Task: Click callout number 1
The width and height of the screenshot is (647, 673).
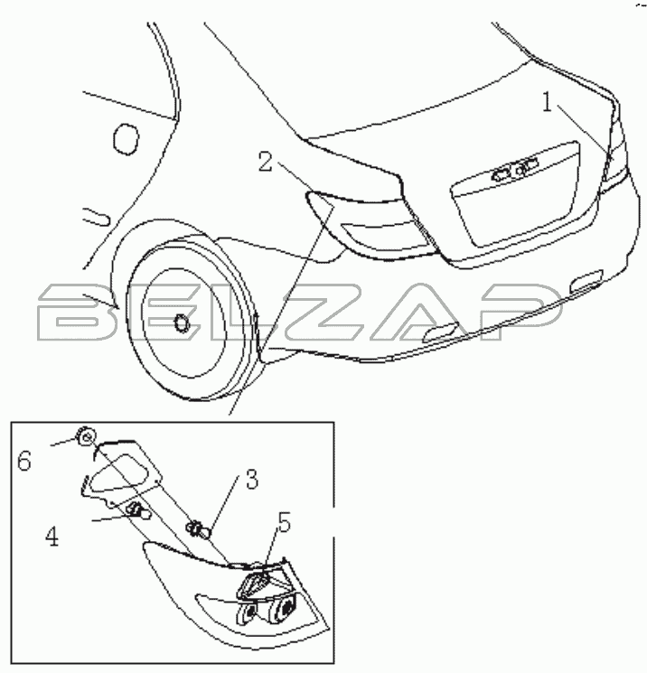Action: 547,103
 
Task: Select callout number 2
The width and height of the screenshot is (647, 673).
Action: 266,163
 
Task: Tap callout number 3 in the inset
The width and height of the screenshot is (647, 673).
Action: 252,479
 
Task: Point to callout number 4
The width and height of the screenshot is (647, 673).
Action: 52,537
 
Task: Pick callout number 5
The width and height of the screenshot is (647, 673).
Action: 285,523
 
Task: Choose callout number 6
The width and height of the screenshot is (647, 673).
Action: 24,462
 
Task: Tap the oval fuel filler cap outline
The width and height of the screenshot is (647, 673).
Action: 127,138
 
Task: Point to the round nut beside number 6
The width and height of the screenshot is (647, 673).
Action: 86,437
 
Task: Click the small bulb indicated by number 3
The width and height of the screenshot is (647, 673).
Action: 199,529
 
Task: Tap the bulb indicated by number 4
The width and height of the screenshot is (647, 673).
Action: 139,510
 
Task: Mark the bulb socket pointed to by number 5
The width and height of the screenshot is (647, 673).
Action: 255,585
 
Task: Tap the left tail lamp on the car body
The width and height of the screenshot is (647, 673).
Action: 370,227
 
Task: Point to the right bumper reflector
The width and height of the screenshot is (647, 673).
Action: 586,278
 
